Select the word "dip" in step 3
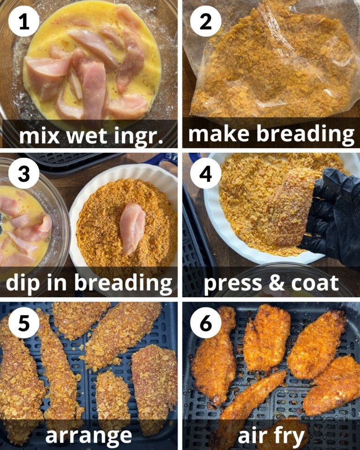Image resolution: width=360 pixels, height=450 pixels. coord(23,283)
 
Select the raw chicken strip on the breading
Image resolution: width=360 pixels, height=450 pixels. coord(132,227)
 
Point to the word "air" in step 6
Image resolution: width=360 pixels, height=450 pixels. coord(253,435)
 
